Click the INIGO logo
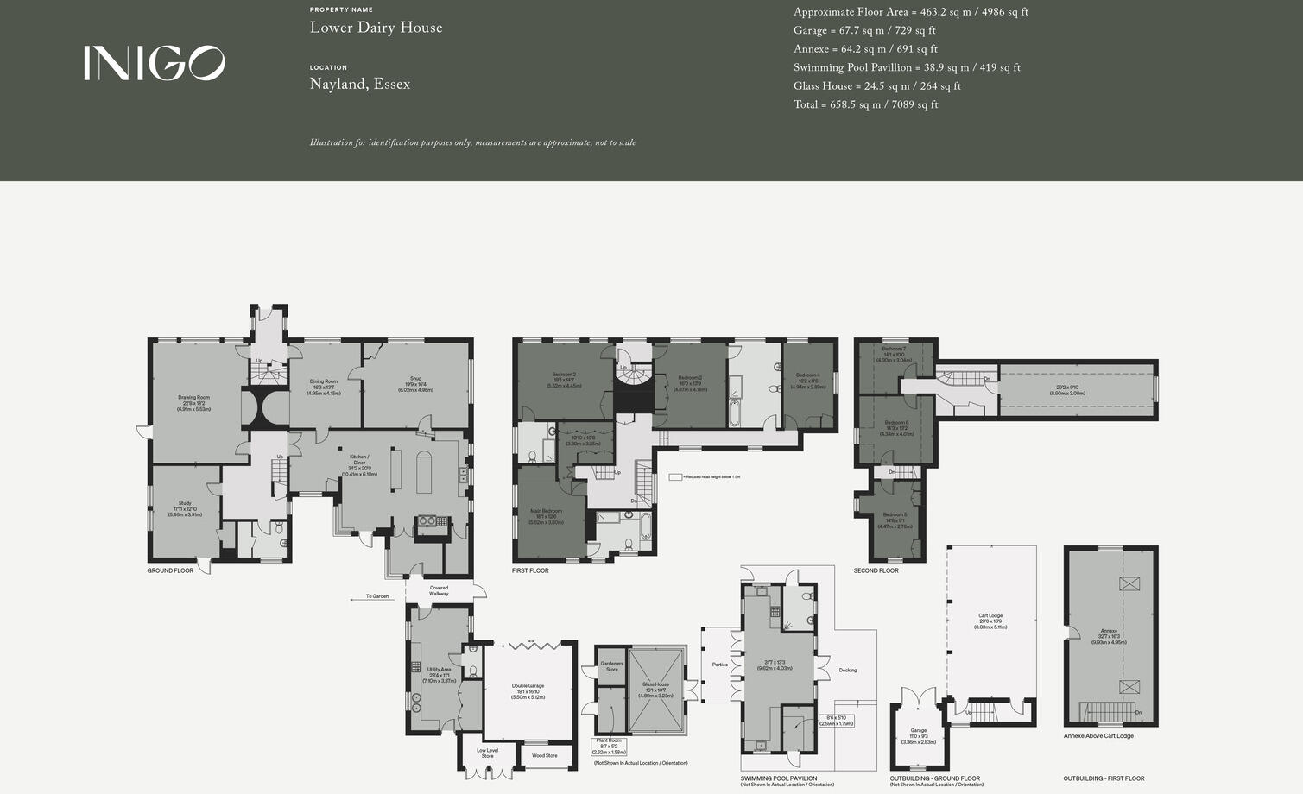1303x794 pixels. tap(154, 63)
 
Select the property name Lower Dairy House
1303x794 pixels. tap(376, 28)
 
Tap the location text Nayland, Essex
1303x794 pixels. tap(359, 84)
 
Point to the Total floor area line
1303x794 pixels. tap(865, 104)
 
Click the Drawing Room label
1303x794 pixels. tap(193, 398)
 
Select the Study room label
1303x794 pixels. tap(185, 503)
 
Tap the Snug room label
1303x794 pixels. tap(415, 379)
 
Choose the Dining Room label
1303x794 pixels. tap(324, 381)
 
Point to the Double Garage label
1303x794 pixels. tap(528, 686)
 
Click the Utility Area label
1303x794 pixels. tap(439, 670)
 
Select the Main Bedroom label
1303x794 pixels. tap(546, 511)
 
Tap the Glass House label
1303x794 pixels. tap(655, 684)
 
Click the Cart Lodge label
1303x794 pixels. tap(990, 616)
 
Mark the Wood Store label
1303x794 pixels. tap(544, 755)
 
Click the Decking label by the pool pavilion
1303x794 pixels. tap(848, 670)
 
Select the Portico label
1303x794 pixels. tap(720, 665)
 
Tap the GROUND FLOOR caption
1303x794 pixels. tap(170, 570)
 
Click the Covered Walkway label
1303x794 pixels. tap(439, 590)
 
